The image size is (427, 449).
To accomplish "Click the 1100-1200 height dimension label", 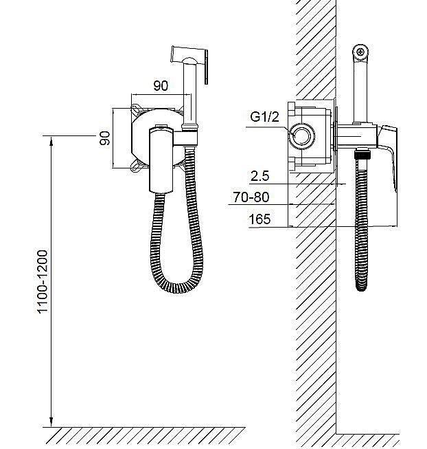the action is pos(43,282).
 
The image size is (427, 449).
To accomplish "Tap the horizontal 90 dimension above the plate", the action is pos(161,86).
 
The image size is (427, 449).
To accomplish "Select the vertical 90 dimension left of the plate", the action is pos(104,138).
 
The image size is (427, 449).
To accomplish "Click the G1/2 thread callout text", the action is pos(264,117).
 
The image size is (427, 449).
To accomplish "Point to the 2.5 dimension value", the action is pos(259,176).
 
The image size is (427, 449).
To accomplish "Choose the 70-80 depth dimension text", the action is pos(251,197).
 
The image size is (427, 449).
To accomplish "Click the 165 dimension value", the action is pos(259,219).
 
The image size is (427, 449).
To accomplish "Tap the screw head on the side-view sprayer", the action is pos(361,52).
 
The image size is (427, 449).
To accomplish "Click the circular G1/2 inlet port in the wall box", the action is pos(301,136).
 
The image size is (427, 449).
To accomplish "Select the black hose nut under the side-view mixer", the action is pos(362,155).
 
